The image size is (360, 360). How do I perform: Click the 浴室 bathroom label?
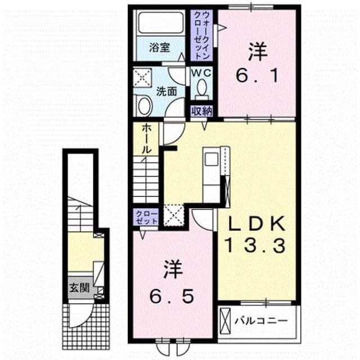click(159, 48)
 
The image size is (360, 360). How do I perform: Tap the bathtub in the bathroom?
click(161, 23)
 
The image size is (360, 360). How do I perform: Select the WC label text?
click(201, 73)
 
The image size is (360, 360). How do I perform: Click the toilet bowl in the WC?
click(202, 88)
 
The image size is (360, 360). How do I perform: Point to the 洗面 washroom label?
click(166, 92)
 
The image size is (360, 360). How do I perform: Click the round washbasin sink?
click(145, 106)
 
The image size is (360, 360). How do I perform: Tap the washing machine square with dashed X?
click(142, 78)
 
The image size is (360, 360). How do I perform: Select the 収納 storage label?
click(201, 111)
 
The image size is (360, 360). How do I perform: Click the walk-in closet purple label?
click(201, 35)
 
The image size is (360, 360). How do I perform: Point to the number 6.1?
click(257, 75)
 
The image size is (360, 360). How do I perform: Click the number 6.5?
click(172, 296)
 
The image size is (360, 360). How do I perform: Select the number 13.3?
click(256, 245)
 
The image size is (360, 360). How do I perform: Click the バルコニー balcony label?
click(261, 321)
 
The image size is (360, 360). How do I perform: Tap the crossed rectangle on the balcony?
click(225, 321)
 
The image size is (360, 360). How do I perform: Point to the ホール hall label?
click(146, 139)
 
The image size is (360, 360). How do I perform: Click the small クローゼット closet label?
click(146, 218)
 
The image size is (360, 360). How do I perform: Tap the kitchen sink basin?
click(211, 159)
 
